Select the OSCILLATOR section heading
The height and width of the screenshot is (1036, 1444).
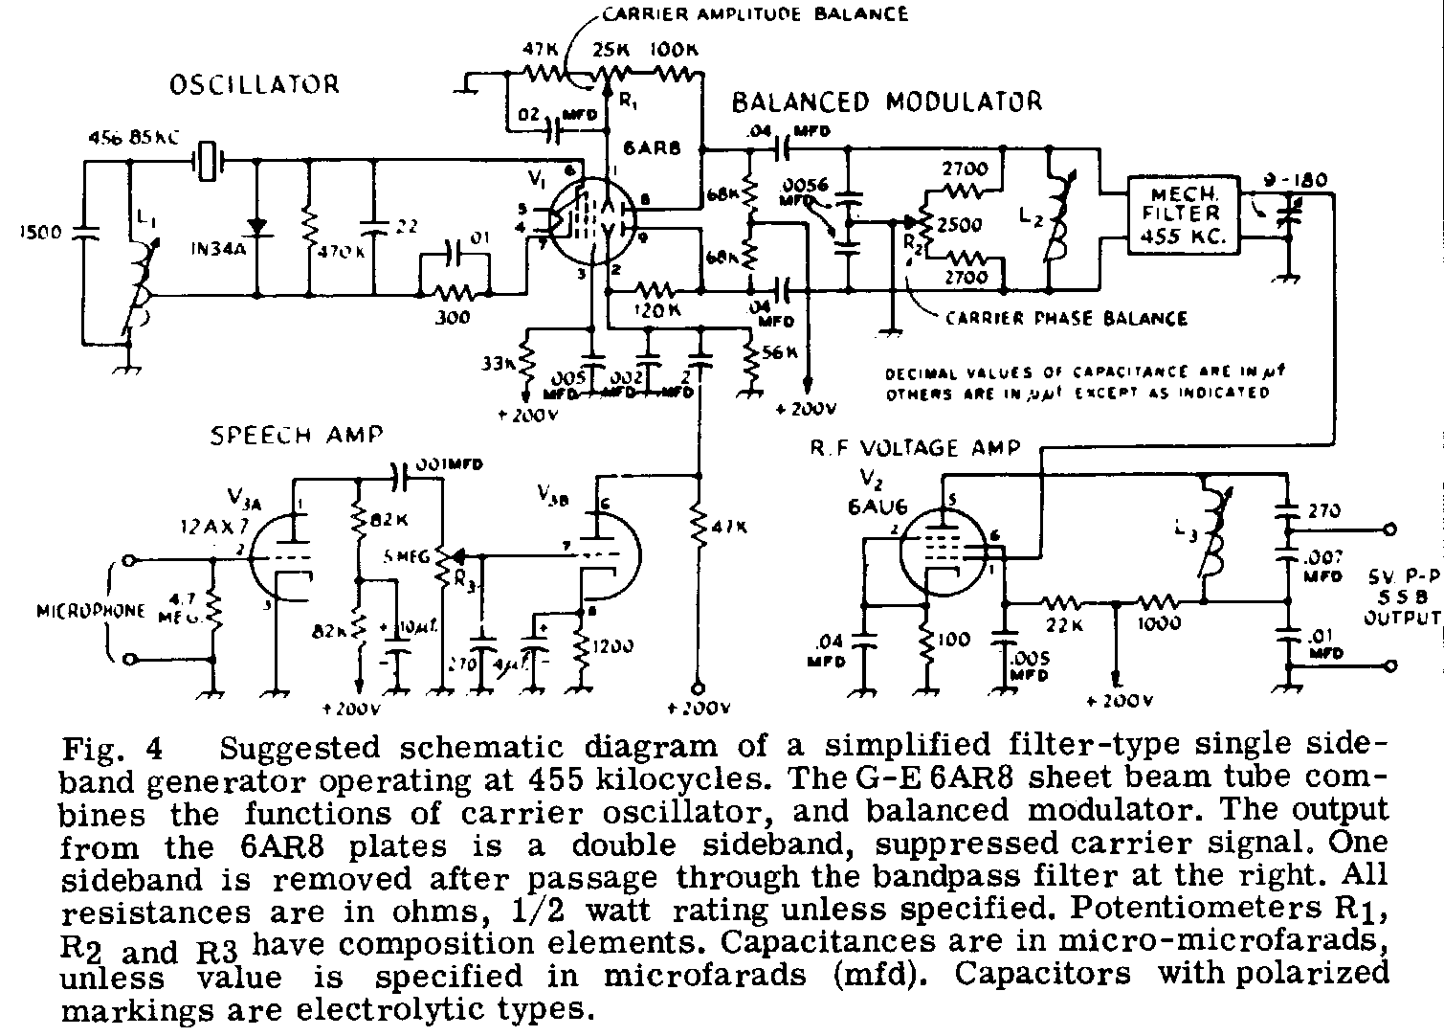pyautogui.click(x=254, y=84)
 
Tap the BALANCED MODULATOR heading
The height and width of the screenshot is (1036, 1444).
pyautogui.click(x=886, y=101)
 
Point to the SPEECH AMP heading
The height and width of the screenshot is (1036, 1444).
pyautogui.click(x=296, y=436)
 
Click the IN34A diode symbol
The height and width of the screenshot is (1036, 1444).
pyautogui.click(x=255, y=224)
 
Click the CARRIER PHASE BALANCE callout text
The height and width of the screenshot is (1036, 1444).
pyautogui.click(x=1066, y=318)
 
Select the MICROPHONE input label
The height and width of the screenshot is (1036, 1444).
pyautogui.click(x=92, y=611)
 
